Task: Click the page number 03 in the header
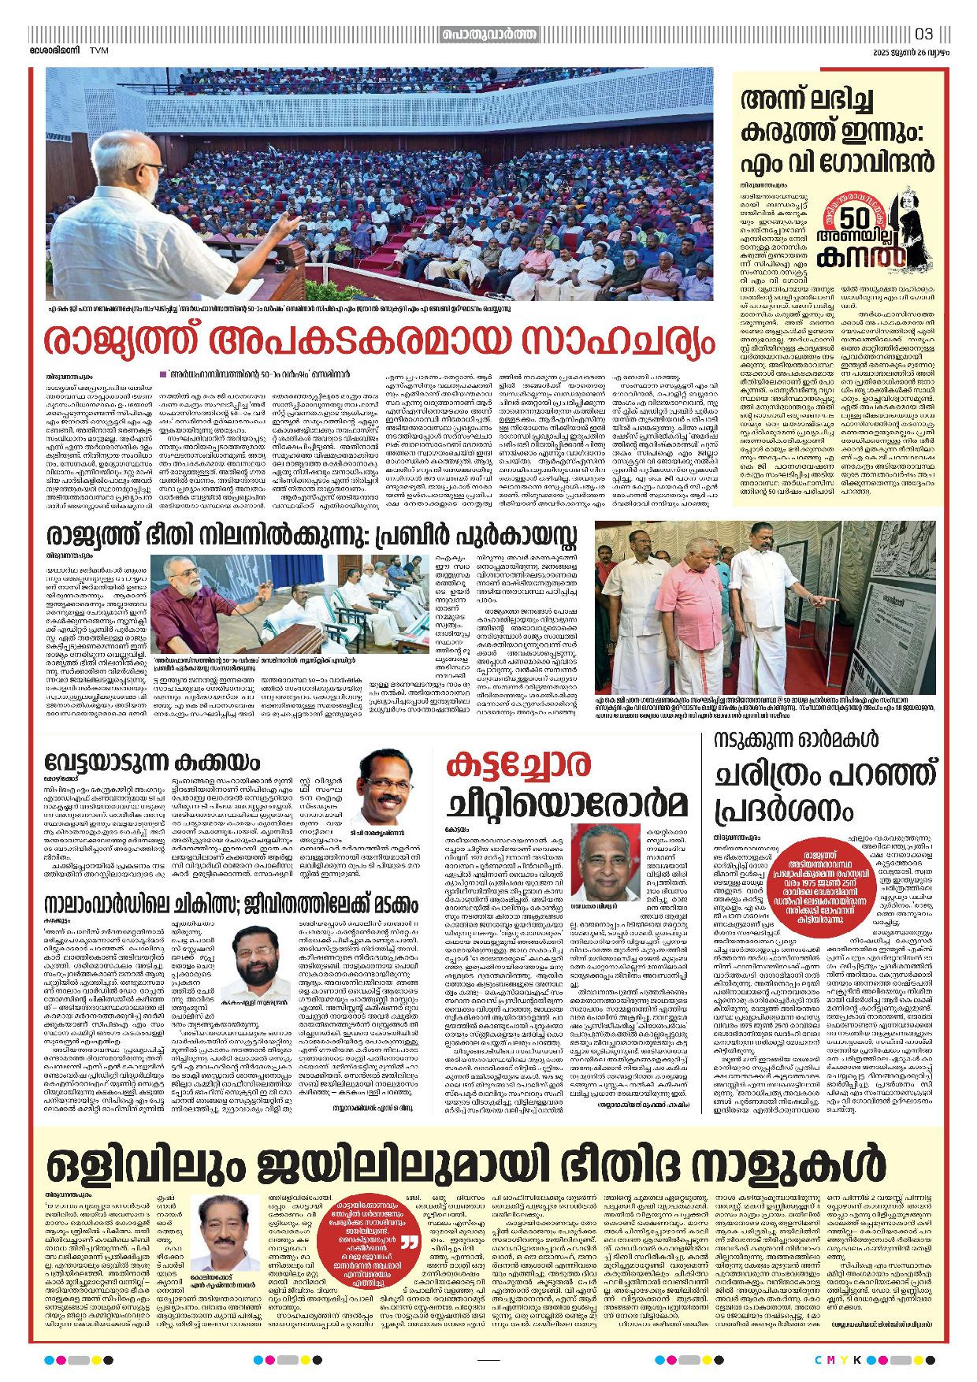coord(924,34)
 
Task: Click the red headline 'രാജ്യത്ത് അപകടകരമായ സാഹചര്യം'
coord(379,341)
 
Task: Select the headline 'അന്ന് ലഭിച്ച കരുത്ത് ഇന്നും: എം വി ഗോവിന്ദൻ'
coord(837,131)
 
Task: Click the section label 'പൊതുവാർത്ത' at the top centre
coord(489,35)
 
